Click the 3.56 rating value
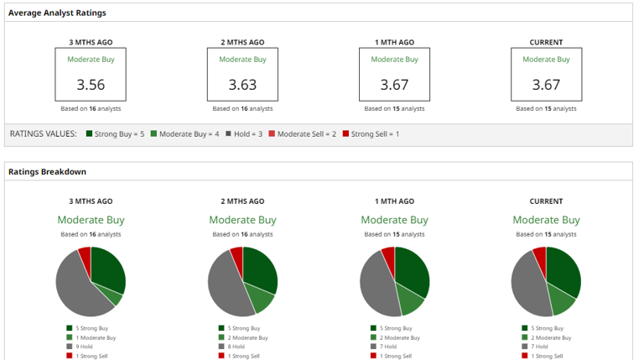(91, 85)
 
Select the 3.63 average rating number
(242, 85)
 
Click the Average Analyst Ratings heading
(57, 13)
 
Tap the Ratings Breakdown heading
(47, 172)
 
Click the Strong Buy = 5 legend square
(89, 133)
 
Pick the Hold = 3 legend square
(228, 133)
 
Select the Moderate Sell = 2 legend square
(272, 133)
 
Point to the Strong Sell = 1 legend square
(345, 133)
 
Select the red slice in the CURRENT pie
(540, 260)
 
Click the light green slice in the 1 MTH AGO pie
(409, 300)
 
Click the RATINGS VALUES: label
(43, 133)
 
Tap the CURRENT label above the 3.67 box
(546, 42)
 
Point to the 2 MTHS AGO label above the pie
(242, 201)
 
